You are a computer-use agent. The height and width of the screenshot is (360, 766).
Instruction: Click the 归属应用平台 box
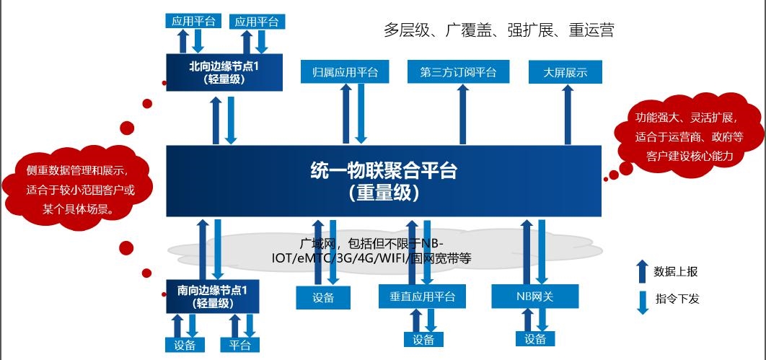pyautogui.click(x=345, y=72)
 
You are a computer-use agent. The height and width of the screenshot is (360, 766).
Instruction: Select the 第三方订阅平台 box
pyautogui.click(x=458, y=72)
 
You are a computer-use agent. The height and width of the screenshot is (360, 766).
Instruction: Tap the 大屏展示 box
pyautogui.click(x=565, y=72)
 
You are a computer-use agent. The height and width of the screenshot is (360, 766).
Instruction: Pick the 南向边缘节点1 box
pyautogui.click(x=213, y=297)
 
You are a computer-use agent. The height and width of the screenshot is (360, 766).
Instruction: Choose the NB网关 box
pyautogui.click(x=535, y=297)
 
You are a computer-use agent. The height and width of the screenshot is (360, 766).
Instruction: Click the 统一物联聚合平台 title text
pyautogui.click(x=384, y=172)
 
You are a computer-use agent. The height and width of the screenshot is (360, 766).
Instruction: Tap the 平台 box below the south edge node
pyautogui.click(x=239, y=345)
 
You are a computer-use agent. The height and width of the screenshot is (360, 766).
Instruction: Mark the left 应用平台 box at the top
pyautogui.click(x=193, y=21)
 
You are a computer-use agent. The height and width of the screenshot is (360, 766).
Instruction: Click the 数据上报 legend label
pyautogui.click(x=676, y=272)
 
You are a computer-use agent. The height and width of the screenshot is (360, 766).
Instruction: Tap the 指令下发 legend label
pyautogui.click(x=677, y=299)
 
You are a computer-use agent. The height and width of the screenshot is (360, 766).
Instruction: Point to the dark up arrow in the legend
pyautogui.click(x=642, y=272)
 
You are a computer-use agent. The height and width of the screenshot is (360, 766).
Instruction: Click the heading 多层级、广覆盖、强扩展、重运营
pyautogui.click(x=498, y=30)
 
